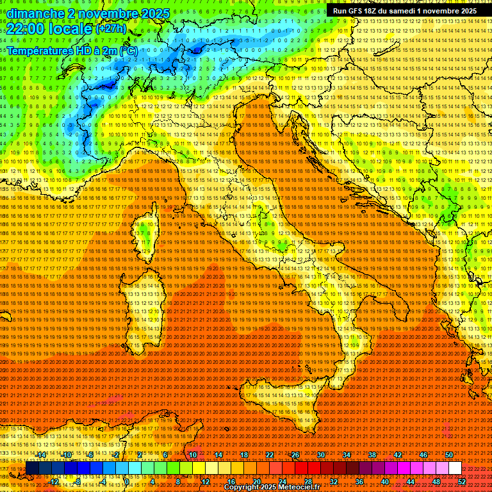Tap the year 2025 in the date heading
(154, 13)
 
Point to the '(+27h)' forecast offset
(111, 29)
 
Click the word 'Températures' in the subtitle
(39, 50)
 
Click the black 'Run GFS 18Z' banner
(404, 11)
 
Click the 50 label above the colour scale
(449, 455)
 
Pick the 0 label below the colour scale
(127, 481)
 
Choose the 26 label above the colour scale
(295, 455)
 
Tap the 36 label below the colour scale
(359, 481)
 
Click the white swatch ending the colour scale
(455, 468)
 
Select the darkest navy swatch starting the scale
(32, 468)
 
